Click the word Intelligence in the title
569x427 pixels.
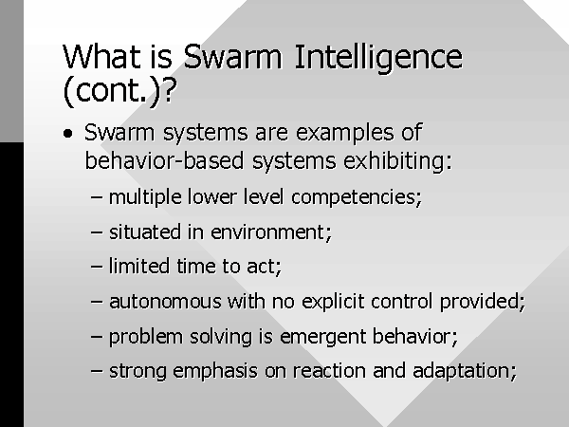tap(378, 57)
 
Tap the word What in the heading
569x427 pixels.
tap(101, 57)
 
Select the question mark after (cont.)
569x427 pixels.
tap(169, 90)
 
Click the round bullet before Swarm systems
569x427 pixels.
tap(67, 134)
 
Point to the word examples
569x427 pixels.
tap(345, 133)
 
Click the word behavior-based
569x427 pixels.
tap(164, 161)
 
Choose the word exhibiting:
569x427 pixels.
tap(397, 161)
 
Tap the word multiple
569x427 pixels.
tap(145, 198)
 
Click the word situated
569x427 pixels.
tap(145, 232)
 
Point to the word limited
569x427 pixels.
tap(139, 266)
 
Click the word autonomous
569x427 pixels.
tap(165, 302)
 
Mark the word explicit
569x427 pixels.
tap(333, 302)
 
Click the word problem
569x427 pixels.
tap(146, 337)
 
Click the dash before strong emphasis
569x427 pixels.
tap(97, 371)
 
